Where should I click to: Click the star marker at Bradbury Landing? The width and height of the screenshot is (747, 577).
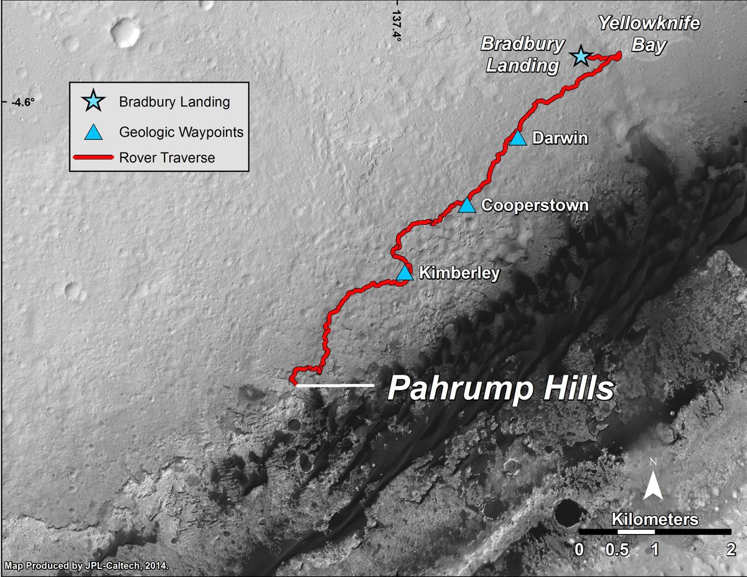tap(581, 57)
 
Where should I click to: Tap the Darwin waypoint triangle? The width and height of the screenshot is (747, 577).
tap(518, 139)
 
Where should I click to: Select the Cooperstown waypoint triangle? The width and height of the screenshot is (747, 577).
tap(467, 205)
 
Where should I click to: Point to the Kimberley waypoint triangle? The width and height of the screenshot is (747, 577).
tap(405, 273)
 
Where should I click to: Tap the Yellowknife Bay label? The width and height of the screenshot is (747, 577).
tap(649, 35)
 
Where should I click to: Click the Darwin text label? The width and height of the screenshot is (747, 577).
tap(560, 138)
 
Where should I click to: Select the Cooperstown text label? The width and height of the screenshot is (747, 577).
tap(535, 205)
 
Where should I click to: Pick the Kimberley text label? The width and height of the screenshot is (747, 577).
tap(459, 273)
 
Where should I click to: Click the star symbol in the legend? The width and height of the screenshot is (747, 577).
tap(93, 101)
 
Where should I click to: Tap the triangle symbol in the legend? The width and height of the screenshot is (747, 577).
tap(93, 132)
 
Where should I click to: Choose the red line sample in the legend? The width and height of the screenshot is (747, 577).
tap(93, 157)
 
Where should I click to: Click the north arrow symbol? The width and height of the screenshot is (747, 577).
tap(652, 484)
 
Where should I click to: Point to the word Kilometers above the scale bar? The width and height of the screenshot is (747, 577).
tap(655, 519)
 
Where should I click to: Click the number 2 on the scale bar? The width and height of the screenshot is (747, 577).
tap(731, 550)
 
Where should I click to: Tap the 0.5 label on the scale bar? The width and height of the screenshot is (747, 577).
tap(618, 550)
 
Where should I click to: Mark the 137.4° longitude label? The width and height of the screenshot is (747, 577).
tap(396, 24)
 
